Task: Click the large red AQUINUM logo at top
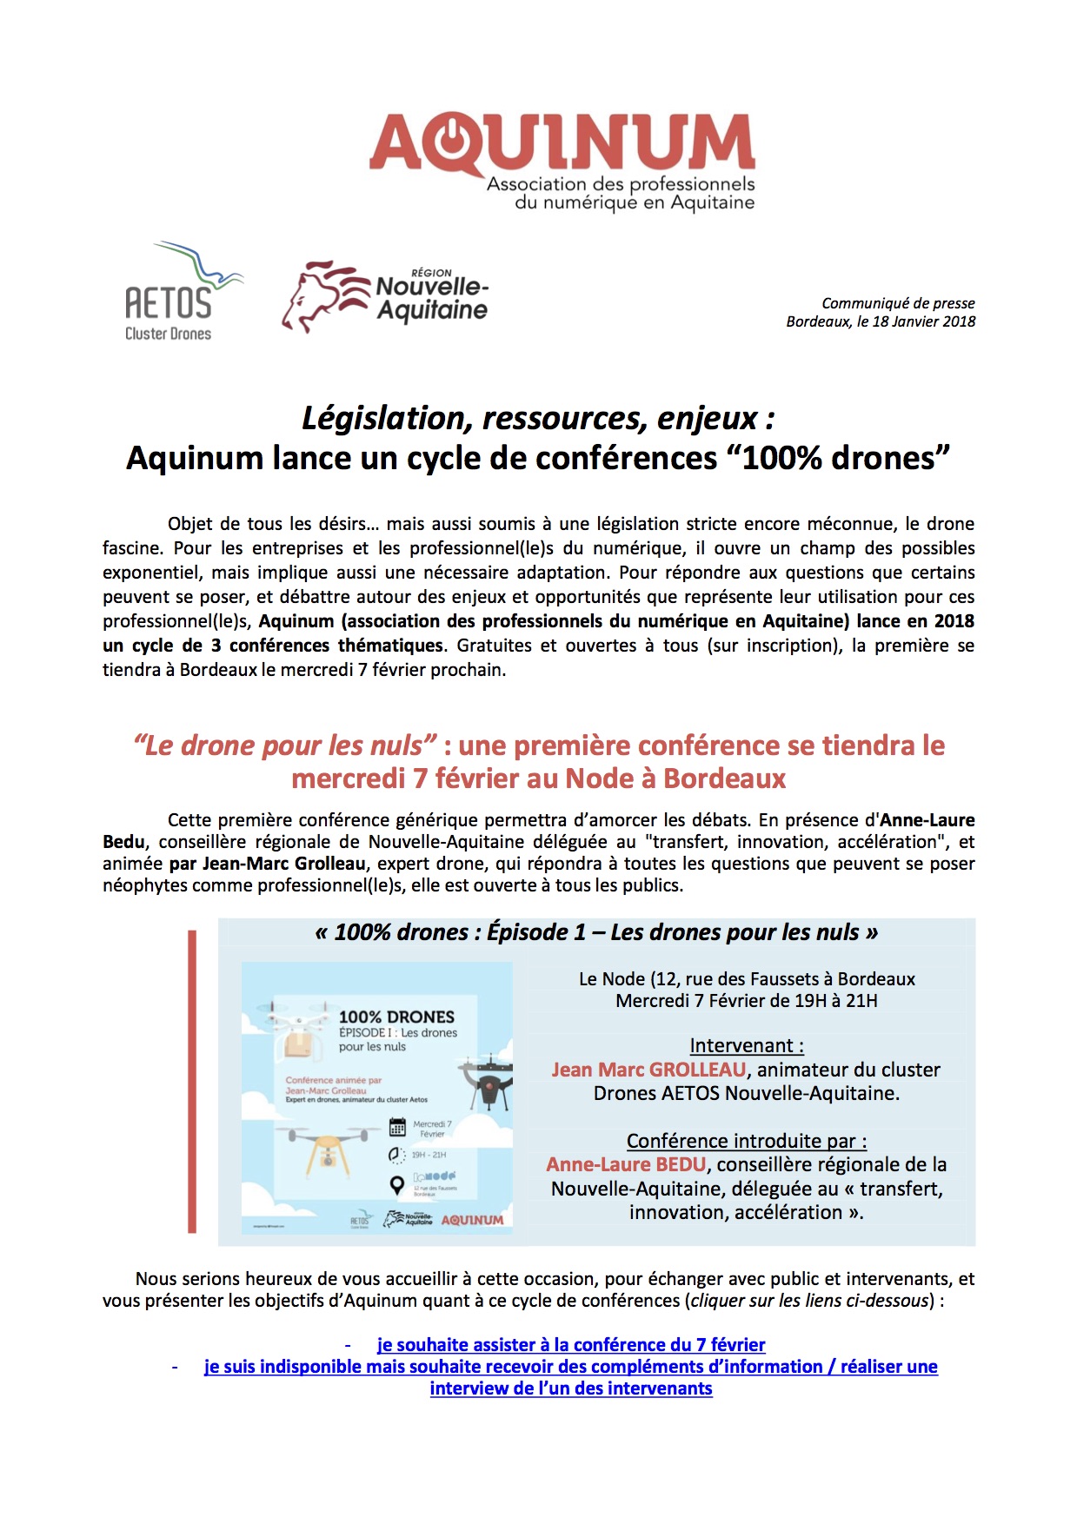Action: point(562,143)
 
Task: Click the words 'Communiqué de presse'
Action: point(898,303)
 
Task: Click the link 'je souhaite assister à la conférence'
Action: point(570,1345)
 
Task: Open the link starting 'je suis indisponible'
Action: point(570,1367)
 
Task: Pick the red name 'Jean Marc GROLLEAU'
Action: point(648,1070)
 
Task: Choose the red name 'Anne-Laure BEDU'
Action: point(626,1164)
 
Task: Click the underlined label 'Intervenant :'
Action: point(747,1045)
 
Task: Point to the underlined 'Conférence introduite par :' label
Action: point(747,1141)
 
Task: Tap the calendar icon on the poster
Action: point(397,1127)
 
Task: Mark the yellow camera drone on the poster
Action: point(325,1146)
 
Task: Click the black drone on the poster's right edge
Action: point(489,1081)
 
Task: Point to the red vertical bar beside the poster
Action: point(192,1082)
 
